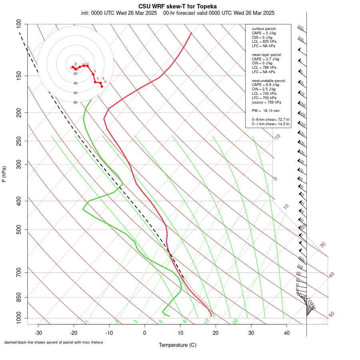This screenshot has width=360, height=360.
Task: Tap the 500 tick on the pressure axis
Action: tap(19, 230)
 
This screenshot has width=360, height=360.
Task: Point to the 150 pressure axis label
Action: tap(19, 76)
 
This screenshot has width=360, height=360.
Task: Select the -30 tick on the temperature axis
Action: tap(38, 332)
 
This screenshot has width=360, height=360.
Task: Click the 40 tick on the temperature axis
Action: tap(287, 332)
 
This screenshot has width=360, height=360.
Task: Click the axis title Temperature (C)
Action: tap(177, 345)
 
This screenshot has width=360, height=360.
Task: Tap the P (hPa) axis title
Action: tap(4, 174)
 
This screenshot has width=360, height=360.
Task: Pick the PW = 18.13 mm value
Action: tap(266, 110)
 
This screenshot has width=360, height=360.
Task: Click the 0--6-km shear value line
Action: tap(271, 119)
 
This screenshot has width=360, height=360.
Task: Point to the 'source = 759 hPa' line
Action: tap(266, 102)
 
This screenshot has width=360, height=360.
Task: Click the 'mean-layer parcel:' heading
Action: tap(267, 54)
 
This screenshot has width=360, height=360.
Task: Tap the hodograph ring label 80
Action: tap(75, 102)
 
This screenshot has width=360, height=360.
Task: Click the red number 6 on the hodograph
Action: tap(105, 82)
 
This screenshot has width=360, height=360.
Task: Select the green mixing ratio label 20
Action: tap(235, 321)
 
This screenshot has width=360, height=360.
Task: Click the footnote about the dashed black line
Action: tap(54, 342)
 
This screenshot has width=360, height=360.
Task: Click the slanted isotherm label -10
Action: tap(277, 137)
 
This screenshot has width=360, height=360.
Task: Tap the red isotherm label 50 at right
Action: tap(331, 314)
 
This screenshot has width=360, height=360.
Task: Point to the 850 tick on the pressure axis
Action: tap(19, 297)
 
